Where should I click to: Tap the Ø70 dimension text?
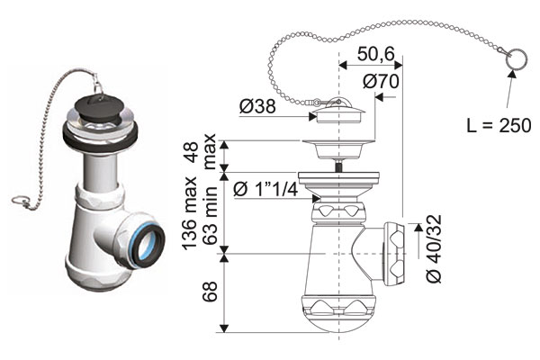382,80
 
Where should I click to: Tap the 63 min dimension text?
208,220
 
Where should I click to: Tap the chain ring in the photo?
20,199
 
